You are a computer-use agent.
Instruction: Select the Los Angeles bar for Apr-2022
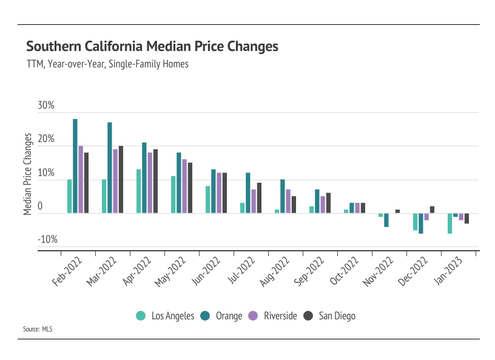[138, 191]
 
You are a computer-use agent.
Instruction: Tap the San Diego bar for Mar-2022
[121, 179]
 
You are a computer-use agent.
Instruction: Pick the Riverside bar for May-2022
[184, 186]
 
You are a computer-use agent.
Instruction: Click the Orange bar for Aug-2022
[282, 196]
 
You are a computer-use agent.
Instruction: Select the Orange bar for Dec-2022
[420, 223]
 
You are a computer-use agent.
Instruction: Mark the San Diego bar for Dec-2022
[432, 209]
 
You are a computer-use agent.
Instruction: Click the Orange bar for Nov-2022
[386, 220]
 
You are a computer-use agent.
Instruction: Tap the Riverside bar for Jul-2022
[254, 201]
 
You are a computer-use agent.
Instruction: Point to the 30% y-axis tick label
[46, 106]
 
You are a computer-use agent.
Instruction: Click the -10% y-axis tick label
[47, 240]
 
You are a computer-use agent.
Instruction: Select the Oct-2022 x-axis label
[343, 274]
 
